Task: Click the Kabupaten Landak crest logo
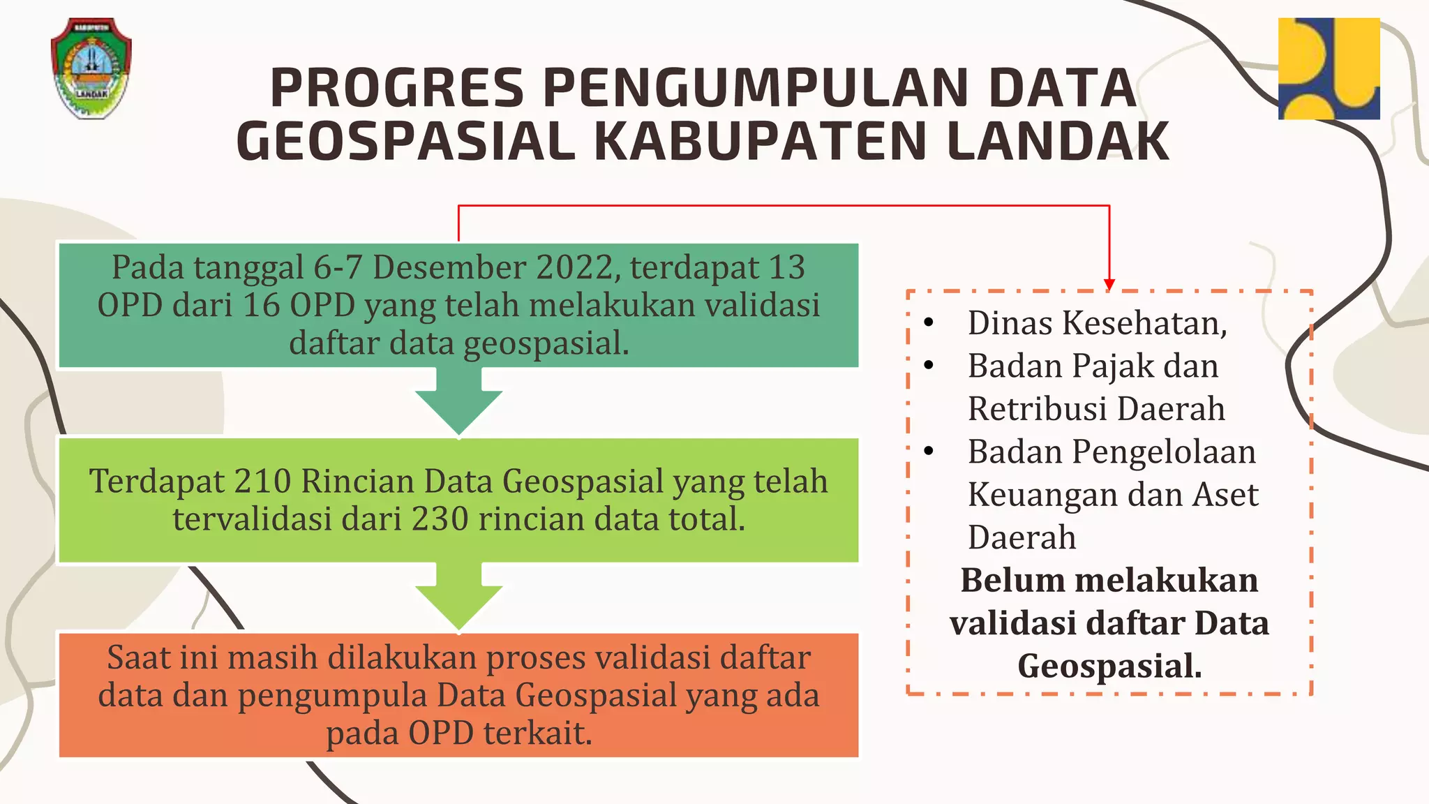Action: pyautogui.click(x=91, y=68)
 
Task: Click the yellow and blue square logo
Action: pyautogui.click(x=1329, y=68)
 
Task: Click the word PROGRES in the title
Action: pyautogui.click(x=396, y=88)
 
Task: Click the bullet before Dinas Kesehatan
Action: pyautogui.click(x=929, y=323)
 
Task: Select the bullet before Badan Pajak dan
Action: pyautogui.click(x=929, y=366)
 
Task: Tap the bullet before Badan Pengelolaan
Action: pyautogui.click(x=929, y=452)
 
